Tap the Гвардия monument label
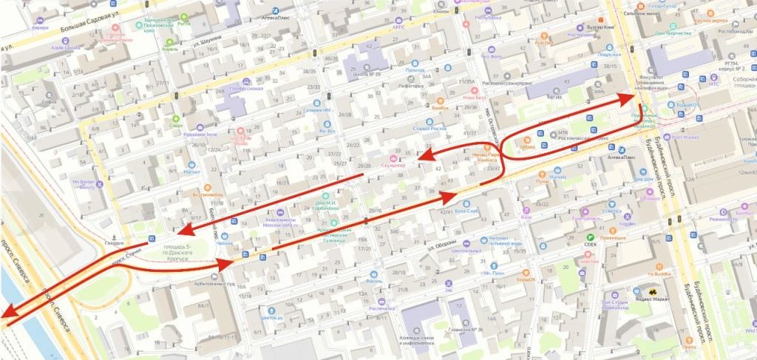click(113, 242)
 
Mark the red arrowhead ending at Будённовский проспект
click(630, 97)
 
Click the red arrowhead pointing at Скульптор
click(418, 157)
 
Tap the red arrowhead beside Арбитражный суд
click(228, 262)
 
